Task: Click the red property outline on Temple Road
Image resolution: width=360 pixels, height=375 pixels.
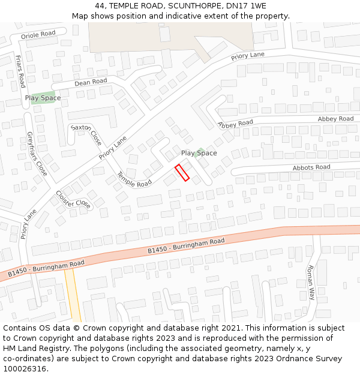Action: click(x=182, y=172)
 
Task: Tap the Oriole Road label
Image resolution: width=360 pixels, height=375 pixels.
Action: click(x=38, y=35)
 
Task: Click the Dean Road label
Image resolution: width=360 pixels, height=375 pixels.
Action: click(x=91, y=82)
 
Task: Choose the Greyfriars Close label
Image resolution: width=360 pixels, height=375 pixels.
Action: click(x=36, y=153)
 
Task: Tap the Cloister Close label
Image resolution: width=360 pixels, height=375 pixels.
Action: click(x=73, y=199)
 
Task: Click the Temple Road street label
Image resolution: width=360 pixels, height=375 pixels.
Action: click(x=134, y=179)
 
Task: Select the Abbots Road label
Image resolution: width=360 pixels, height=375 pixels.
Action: click(x=311, y=167)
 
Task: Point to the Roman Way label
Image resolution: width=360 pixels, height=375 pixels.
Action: click(x=310, y=282)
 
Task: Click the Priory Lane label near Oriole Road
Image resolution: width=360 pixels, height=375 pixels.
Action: click(x=248, y=57)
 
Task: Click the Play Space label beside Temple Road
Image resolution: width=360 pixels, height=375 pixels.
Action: click(x=199, y=153)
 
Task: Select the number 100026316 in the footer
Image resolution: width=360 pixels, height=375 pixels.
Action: click(x=24, y=368)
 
